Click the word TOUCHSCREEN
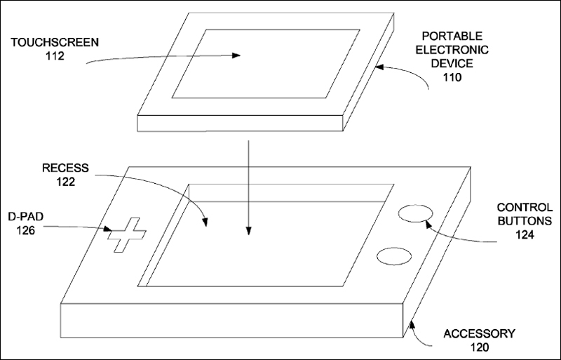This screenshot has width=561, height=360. coord(55,43)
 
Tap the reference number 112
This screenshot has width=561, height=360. coord(55,56)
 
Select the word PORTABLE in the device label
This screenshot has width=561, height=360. coord(452,36)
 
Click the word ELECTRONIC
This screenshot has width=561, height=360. coord(452,50)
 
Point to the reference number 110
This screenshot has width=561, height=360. coord(452,77)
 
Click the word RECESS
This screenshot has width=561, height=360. coord(65,168)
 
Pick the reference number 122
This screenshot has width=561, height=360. coord(66,182)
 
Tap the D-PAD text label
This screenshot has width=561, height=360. coord(26,217)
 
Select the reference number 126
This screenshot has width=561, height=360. coord(26,230)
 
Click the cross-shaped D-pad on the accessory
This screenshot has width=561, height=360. coord(127,234)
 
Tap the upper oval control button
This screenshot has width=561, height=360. coord(415,213)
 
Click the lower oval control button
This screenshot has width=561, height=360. coord(394,256)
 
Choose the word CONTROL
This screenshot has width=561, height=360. coord(525,208)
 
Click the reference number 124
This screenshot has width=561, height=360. coord(525,235)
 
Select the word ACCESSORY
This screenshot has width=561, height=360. coord(480,334)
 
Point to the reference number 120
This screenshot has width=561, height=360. coord(480,347)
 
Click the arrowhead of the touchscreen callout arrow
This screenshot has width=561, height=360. coord(236,55)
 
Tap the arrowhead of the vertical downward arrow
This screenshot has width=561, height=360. coord(249,231)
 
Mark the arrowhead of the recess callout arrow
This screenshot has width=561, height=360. coord(205,222)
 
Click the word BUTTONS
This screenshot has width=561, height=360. coord(525,221)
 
